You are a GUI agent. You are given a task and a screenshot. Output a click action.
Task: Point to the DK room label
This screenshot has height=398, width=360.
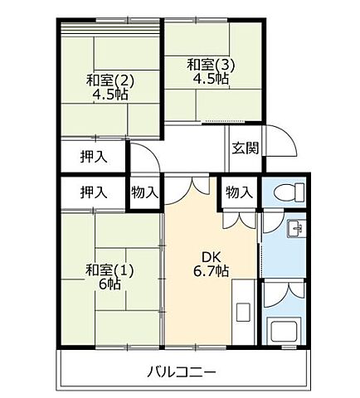click(208, 256)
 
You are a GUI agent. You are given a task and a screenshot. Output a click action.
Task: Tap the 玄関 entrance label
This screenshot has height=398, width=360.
click(245, 148)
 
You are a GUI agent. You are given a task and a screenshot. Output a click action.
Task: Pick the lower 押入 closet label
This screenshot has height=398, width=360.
click(93, 192)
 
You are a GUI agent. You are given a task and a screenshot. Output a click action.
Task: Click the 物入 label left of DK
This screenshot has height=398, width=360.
click(144, 192)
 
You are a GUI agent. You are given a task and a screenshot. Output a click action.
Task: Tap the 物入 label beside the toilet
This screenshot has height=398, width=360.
click(239, 192)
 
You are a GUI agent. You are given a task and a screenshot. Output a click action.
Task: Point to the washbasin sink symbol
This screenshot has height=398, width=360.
click(294, 229)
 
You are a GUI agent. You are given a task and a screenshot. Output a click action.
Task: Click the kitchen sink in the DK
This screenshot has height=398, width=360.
click(242, 313)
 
